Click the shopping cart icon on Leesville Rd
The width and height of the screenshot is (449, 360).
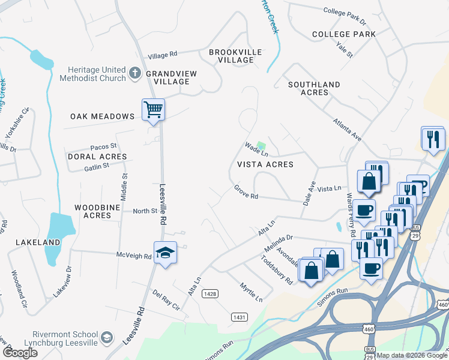153,110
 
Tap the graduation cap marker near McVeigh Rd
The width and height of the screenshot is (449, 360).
165,252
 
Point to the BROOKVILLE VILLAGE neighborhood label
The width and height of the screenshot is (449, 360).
235,56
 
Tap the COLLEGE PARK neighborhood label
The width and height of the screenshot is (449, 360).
343,34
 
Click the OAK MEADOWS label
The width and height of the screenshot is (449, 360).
102,116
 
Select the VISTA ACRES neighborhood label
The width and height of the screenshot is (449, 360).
265,164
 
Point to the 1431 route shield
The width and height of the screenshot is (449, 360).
238,316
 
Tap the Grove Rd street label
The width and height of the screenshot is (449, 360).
246,193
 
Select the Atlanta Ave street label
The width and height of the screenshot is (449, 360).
348,129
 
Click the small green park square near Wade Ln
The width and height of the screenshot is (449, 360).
261,145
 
